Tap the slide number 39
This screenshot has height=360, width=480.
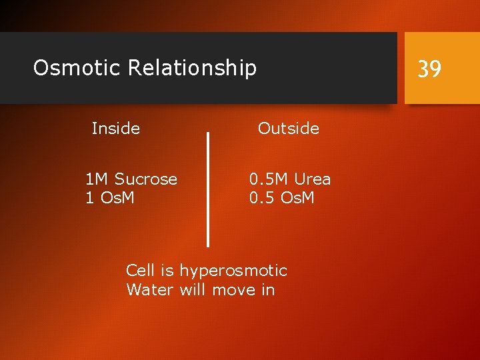pyautogui.click(x=429, y=69)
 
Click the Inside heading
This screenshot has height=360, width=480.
pyautogui.click(x=115, y=128)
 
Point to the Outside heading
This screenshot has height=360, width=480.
pyautogui.click(x=289, y=128)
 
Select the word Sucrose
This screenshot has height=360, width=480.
pyautogui.click(x=145, y=179)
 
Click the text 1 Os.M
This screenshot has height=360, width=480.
pyautogui.click(x=110, y=198)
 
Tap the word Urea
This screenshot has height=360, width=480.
pyautogui.click(x=312, y=179)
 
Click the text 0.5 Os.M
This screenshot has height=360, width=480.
pyautogui.click(x=281, y=198)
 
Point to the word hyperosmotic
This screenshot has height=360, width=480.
pyautogui.click(x=233, y=271)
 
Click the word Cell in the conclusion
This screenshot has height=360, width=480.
pyautogui.click(x=140, y=271)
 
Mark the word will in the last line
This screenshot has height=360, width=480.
pyautogui.click(x=193, y=290)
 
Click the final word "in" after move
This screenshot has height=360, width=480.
pyautogui.click(x=268, y=290)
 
